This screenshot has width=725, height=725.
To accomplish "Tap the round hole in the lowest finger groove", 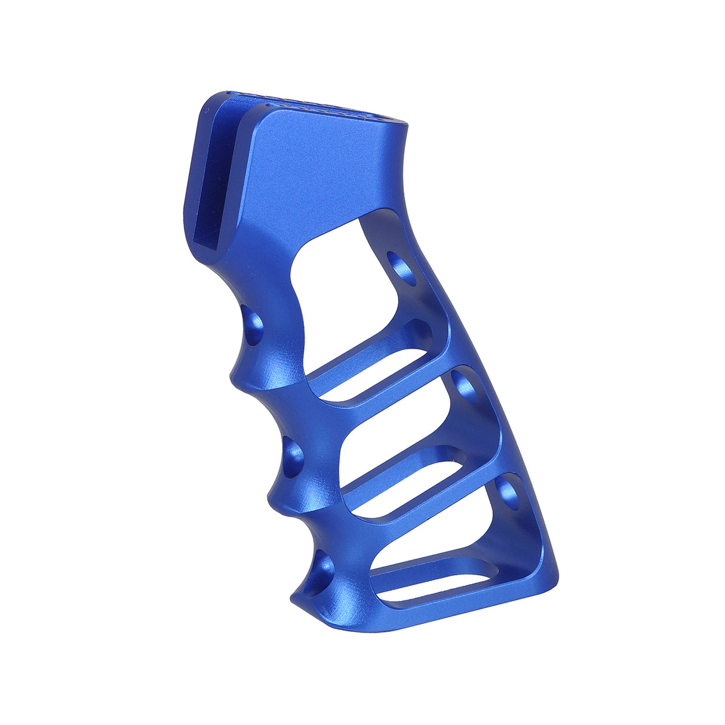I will [x=323, y=570].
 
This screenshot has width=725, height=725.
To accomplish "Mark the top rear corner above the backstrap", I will [x=406, y=128].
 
